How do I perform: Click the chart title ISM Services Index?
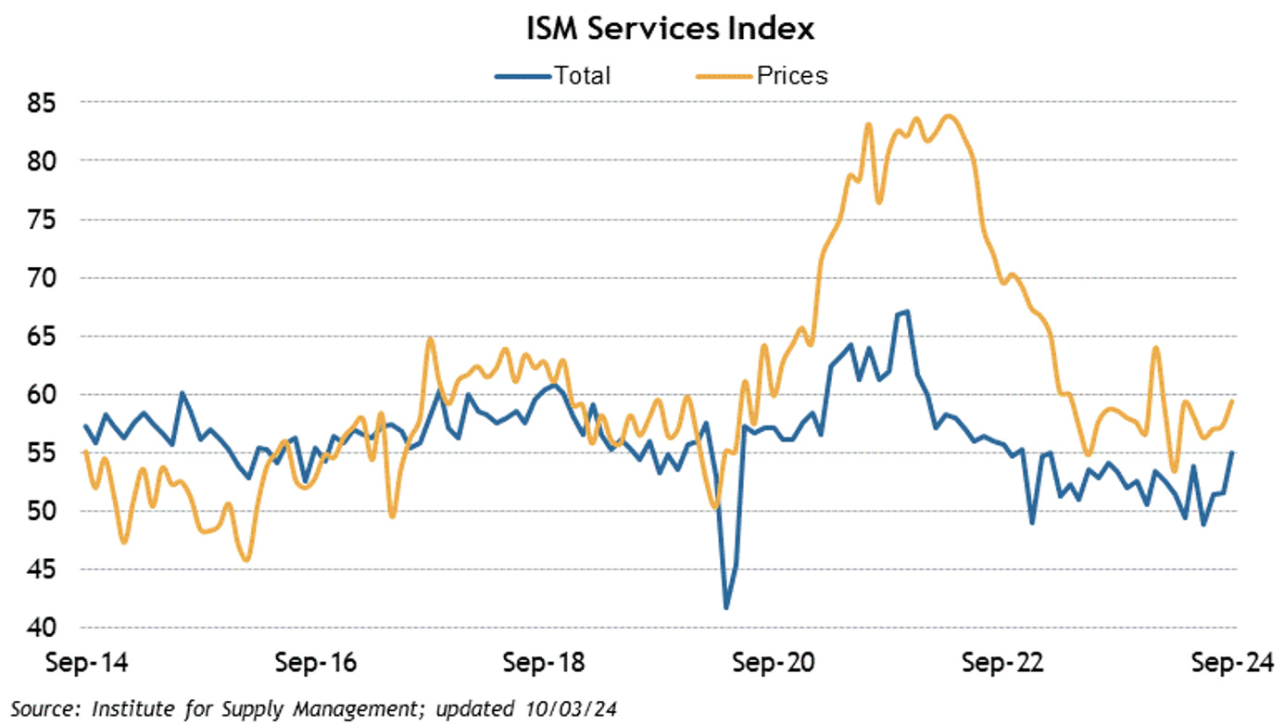(x=670, y=29)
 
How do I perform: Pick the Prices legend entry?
(x=792, y=75)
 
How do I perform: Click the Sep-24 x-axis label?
(x=1227, y=664)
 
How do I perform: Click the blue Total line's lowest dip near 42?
(x=726, y=607)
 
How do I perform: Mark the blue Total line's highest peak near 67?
(x=907, y=312)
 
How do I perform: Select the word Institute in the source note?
(x=132, y=709)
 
